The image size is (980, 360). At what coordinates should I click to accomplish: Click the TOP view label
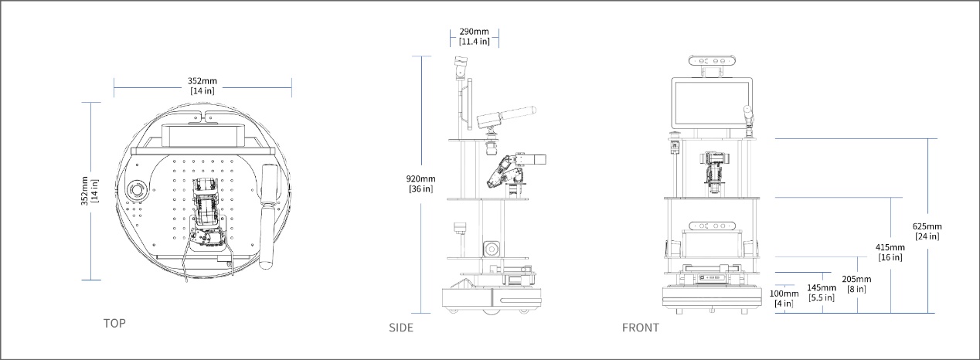click(x=114, y=323)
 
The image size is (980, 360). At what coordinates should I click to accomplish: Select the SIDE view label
click(x=401, y=328)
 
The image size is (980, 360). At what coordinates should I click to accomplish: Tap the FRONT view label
click(x=641, y=328)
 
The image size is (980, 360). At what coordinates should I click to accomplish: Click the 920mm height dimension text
click(x=421, y=184)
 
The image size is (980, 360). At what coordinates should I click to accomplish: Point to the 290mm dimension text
click(x=475, y=36)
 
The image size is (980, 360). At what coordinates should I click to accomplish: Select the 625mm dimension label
click(x=927, y=232)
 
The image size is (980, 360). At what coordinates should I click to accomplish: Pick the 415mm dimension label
click(x=890, y=253)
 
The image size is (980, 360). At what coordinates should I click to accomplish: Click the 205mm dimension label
click(x=856, y=284)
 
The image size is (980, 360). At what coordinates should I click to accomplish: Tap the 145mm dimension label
click(x=822, y=293)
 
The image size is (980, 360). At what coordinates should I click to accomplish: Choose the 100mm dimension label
click(x=784, y=298)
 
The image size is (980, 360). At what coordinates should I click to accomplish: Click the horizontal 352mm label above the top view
click(x=202, y=86)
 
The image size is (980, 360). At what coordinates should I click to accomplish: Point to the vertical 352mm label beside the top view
click(x=90, y=191)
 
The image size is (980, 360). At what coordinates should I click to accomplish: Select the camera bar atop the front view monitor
click(x=712, y=61)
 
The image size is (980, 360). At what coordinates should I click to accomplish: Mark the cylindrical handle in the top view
click(x=269, y=216)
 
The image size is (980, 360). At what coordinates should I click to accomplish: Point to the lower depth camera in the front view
click(x=712, y=226)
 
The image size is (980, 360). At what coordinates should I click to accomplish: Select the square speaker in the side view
click(x=491, y=249)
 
